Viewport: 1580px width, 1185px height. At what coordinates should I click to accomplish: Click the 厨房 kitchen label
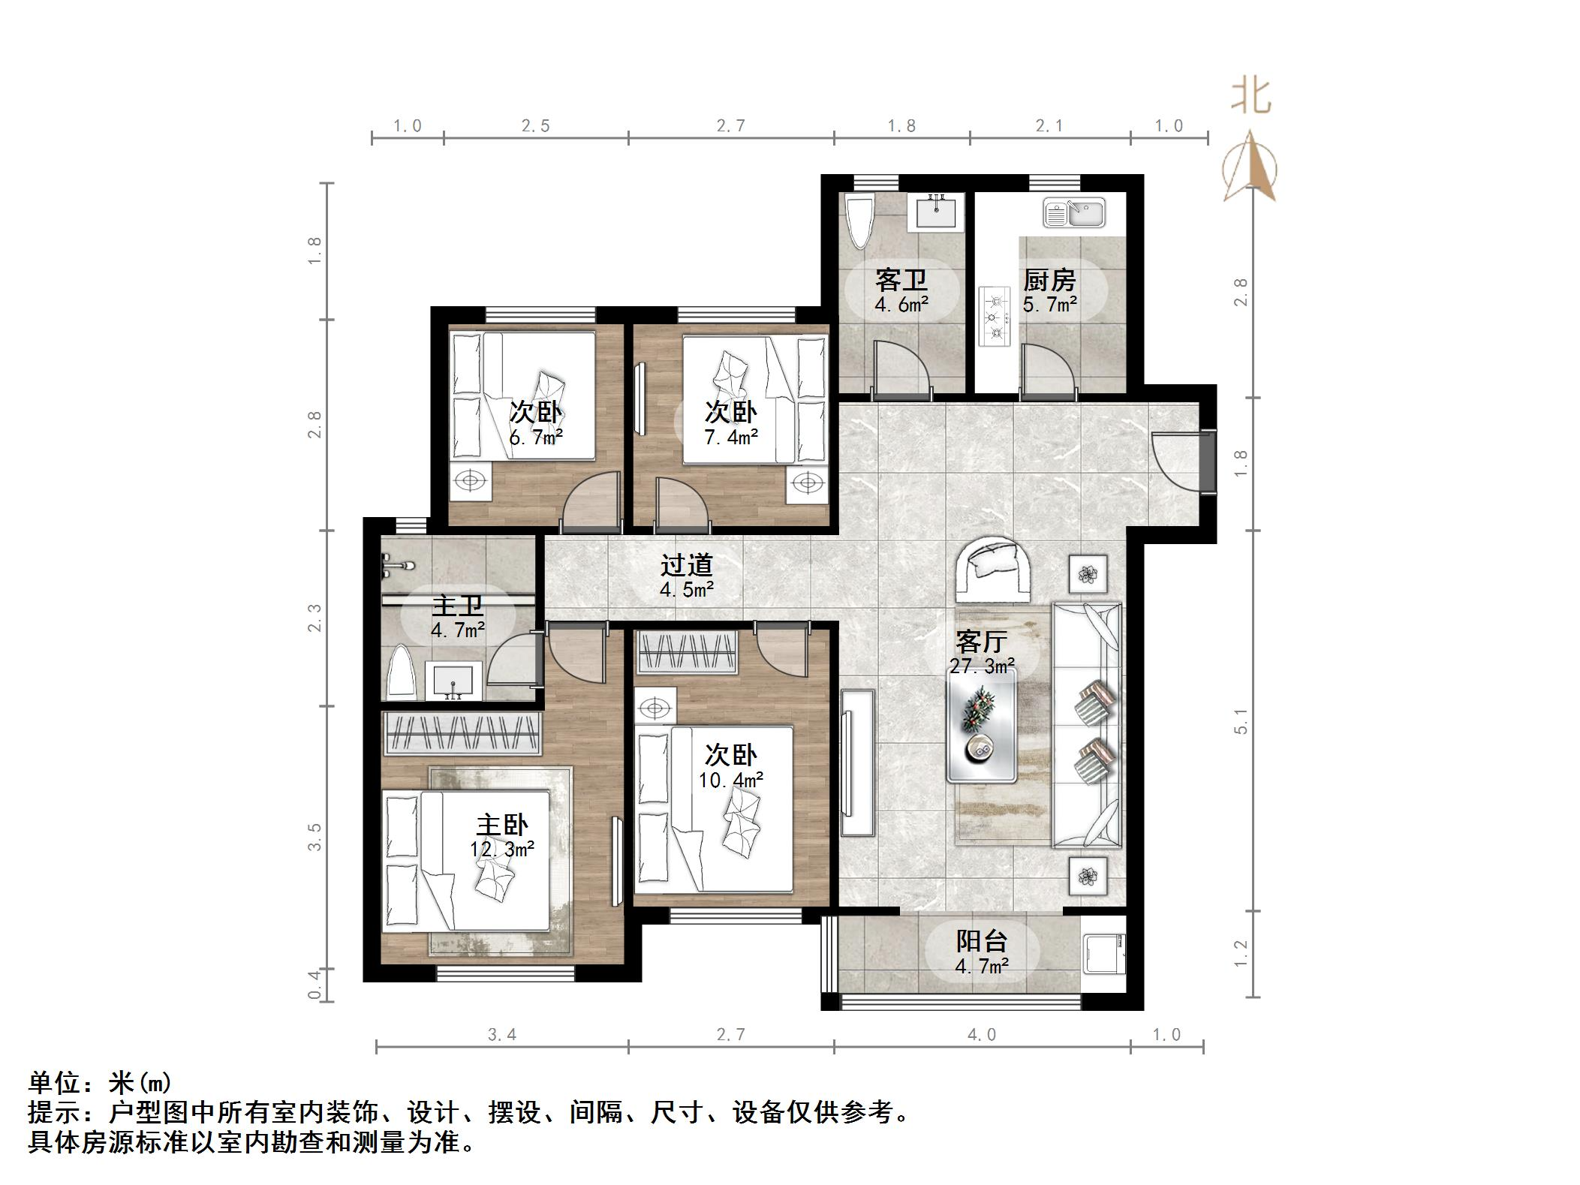click(1049, 281)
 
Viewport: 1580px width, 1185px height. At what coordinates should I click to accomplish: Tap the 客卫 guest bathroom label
click(901, 281)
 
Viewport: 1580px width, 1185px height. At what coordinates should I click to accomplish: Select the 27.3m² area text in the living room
click(982, 666)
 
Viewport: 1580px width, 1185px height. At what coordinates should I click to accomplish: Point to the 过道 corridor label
click(686, 565)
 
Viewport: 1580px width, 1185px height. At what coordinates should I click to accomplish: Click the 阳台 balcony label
click(981, 941)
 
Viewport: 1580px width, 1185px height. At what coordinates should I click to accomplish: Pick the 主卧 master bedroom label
click(501, 826)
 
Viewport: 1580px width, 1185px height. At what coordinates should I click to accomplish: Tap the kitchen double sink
click(1073, 213)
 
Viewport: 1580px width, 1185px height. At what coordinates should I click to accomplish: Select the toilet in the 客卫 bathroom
click(859, 219)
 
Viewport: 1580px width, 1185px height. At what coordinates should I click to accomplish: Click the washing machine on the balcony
click(1103, 953)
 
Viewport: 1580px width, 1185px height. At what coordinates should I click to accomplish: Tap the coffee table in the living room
click(981, 726)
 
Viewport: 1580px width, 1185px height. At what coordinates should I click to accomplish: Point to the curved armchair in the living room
click(992, 568)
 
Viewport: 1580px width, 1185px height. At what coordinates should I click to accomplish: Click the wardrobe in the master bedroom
click(462, 733)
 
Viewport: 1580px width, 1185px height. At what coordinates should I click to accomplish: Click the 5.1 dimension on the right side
click(1240, 721)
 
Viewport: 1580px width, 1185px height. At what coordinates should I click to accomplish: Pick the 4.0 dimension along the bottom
click(981, 1036)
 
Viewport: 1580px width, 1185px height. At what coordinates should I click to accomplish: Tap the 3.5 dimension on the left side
click(314, 837)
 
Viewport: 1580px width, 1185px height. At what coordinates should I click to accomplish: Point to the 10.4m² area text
click(730, 780)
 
